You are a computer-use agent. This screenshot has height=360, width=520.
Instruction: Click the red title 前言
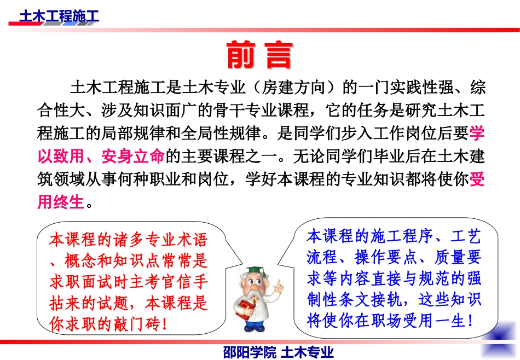tap(259, 55)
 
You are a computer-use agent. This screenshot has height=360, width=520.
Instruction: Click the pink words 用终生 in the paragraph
tap(61, 203)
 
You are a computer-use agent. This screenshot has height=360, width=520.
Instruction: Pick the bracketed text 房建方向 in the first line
tap(294, 88)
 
